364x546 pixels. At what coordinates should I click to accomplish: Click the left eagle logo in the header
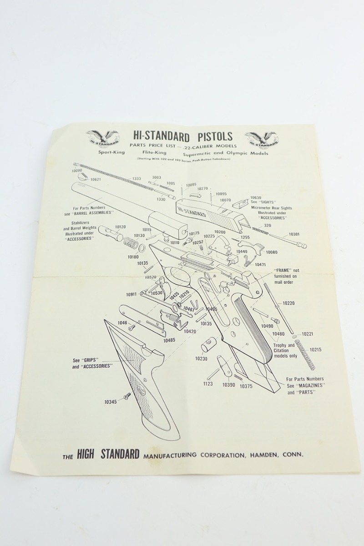click(102, 138)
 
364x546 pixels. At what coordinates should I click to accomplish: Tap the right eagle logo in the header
click(262, 139)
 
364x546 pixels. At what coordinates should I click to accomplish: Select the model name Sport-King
click(111, 153)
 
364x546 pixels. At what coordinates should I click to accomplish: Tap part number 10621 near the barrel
click(96, 180)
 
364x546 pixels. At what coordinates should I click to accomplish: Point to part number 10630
click(256, 198)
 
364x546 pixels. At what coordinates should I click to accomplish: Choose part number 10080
click(272, 252)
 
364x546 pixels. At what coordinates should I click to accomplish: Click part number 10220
click(288, 303)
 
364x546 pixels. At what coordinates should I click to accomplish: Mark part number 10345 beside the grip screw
click(110, 402)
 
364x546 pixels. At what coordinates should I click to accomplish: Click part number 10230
click(201, 359)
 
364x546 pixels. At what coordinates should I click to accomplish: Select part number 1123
click(208, 384)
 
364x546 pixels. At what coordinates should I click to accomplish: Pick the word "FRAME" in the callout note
click(279, 270)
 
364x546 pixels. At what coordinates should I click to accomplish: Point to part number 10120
click(120, 227)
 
